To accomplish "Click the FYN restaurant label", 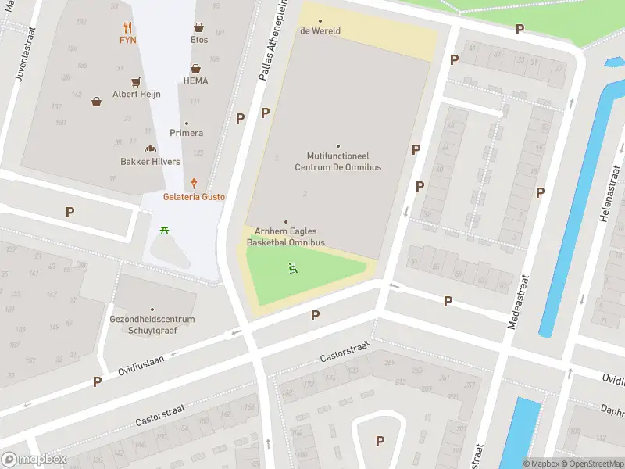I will pyautogui.click(x=127, y=39).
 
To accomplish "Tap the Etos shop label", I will pyautogui.click(x=199, y=39).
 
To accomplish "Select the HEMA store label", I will pyautogui.click(x=195, y=81).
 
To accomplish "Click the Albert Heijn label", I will pyautogui.click(x=136, y=94).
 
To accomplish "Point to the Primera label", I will pyautogui.click(x=186, y=133).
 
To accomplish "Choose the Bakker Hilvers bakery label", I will pyautogui.click(x=150, y=162).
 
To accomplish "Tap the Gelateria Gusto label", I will pyautogui.click(x=194, y=197).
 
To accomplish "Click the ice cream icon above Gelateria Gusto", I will pyautogui.click(x=194, y=183).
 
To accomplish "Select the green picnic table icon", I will pyautogui.click(x=164, y=230).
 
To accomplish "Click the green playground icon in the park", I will pyautogui.click(x=293, y=268).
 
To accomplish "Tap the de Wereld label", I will pyautogui.click(x=320, y=31).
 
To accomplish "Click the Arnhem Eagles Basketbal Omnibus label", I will pyautogui.click(x=285, y=238).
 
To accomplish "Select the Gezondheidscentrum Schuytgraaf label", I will pyautogui.click(x=152, y=324).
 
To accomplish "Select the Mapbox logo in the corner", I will pyautogui.click(x=34, y=460).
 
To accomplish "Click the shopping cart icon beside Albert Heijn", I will pyautogui.click(x=136, y=81).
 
